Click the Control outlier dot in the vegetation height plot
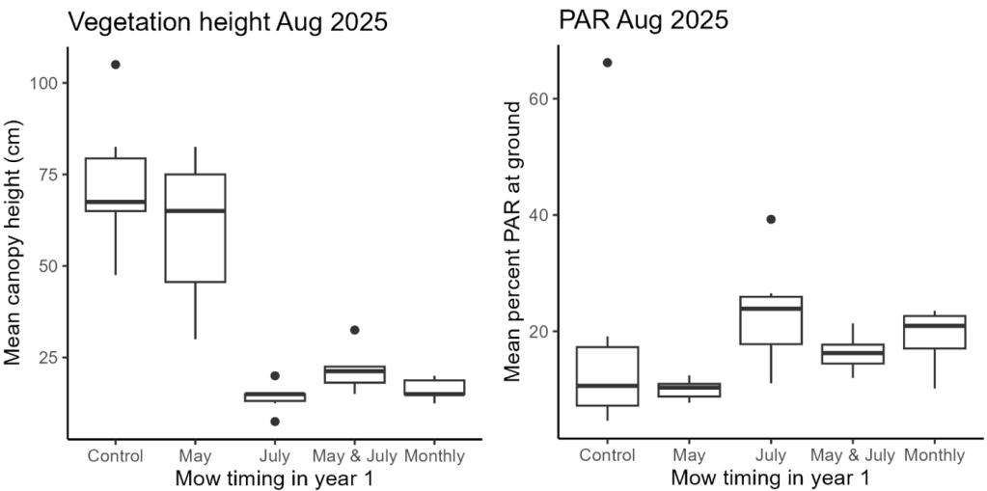point(115,65)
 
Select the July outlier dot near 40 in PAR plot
point(771,219)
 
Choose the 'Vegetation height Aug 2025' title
point(228,22)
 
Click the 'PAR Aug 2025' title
point(644,21)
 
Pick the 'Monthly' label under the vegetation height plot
point(434,456)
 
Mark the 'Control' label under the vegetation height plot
point(116,455)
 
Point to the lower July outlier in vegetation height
point(275,422)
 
